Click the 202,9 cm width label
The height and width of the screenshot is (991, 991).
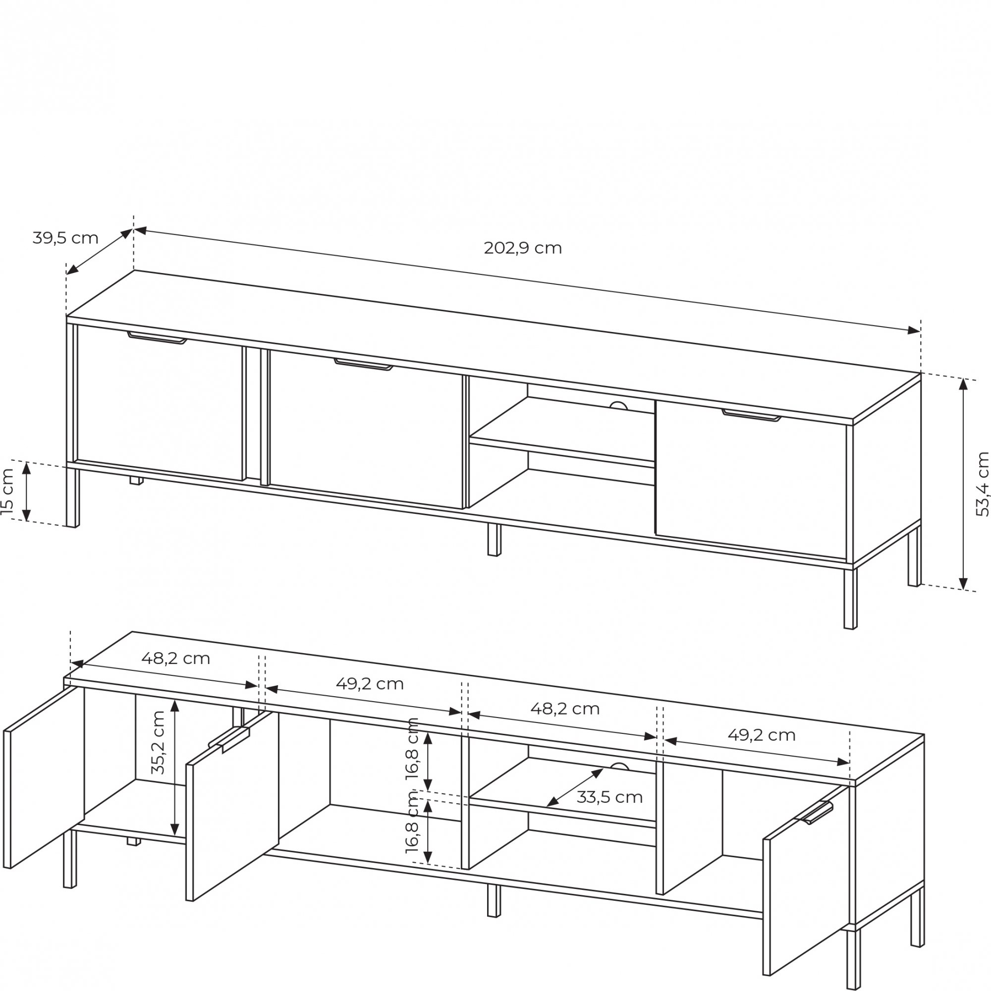(523, 248)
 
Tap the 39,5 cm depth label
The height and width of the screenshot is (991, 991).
(65, 238)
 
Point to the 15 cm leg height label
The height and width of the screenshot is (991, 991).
(8, 492)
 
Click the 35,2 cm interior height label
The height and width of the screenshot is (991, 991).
(158, 743)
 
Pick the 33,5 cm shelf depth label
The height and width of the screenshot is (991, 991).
(609, 797)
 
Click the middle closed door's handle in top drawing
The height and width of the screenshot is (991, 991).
(364, 365)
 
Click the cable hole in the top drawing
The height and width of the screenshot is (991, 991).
(618, 406)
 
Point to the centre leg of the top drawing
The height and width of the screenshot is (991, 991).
(494, 540)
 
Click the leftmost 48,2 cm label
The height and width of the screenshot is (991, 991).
(175, 659)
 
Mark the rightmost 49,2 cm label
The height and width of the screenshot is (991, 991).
(761, 735)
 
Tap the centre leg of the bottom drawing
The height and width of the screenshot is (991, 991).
(494, 900)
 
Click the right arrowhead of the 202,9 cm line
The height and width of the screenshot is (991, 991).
(914, 331)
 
